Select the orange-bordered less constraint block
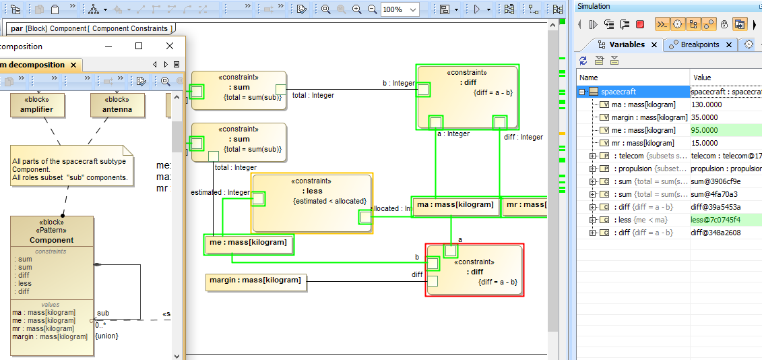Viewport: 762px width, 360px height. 312,202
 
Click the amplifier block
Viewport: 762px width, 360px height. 36,106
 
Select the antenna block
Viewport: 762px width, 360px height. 117,106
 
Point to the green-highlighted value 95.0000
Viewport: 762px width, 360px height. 705,130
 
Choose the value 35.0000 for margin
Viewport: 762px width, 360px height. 705,117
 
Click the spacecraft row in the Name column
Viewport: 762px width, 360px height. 618,92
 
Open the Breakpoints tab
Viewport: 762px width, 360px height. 699,44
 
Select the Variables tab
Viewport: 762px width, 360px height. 627,44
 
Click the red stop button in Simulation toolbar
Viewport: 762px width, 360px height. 640,24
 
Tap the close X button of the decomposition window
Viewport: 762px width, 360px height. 170,46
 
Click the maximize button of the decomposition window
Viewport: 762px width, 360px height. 139,46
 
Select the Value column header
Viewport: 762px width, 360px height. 702,78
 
